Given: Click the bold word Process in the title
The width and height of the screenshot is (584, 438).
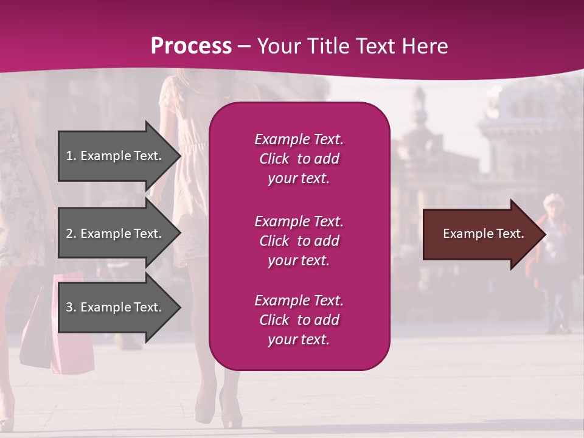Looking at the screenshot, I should click(x=191, y=46).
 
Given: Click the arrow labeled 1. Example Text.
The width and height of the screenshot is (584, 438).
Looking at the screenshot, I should click(x=116, y=156).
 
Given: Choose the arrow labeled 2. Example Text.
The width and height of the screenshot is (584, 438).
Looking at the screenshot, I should click(x=116, y=234).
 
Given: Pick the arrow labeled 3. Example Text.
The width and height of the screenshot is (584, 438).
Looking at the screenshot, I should click(x=116, y=307).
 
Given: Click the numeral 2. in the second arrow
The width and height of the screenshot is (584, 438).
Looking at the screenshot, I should click(x=71, y=234).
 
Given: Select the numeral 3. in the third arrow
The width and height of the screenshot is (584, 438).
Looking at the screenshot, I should click(x=71, y=307).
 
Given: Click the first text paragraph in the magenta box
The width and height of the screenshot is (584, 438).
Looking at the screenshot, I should click(x=299, y=159).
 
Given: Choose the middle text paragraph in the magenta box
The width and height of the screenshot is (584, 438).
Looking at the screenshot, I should click(x=299, y=241).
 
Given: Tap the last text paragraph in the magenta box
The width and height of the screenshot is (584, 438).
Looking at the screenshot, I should click(x=299, y=320).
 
